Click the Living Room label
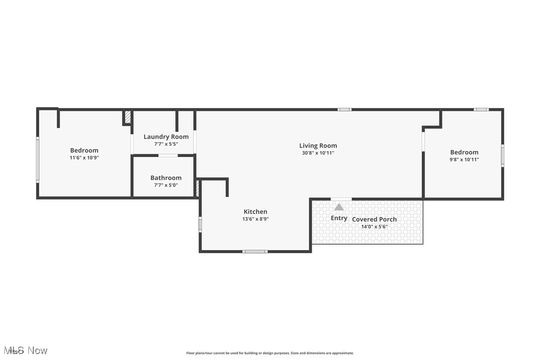(318, 146)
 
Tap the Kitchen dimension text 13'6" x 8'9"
(255, 219)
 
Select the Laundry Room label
(166, 137)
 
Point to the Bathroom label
(166, 178)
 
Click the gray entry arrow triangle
(339, 207)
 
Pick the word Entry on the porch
(339, 218)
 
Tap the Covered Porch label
(374, 219)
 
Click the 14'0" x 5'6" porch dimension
(374, 227)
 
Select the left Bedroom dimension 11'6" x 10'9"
(84, 158)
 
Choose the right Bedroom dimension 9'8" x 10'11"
(464, 160)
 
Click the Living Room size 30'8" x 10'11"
(318, 153)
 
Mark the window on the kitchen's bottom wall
(255, 252)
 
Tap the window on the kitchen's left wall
(200, 224)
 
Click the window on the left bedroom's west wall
(37, 160)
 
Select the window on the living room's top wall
(344, 109)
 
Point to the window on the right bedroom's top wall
(481, 109)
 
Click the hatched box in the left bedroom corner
(127, 117)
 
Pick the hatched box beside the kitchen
(197, 189)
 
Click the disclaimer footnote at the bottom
(270, 353)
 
